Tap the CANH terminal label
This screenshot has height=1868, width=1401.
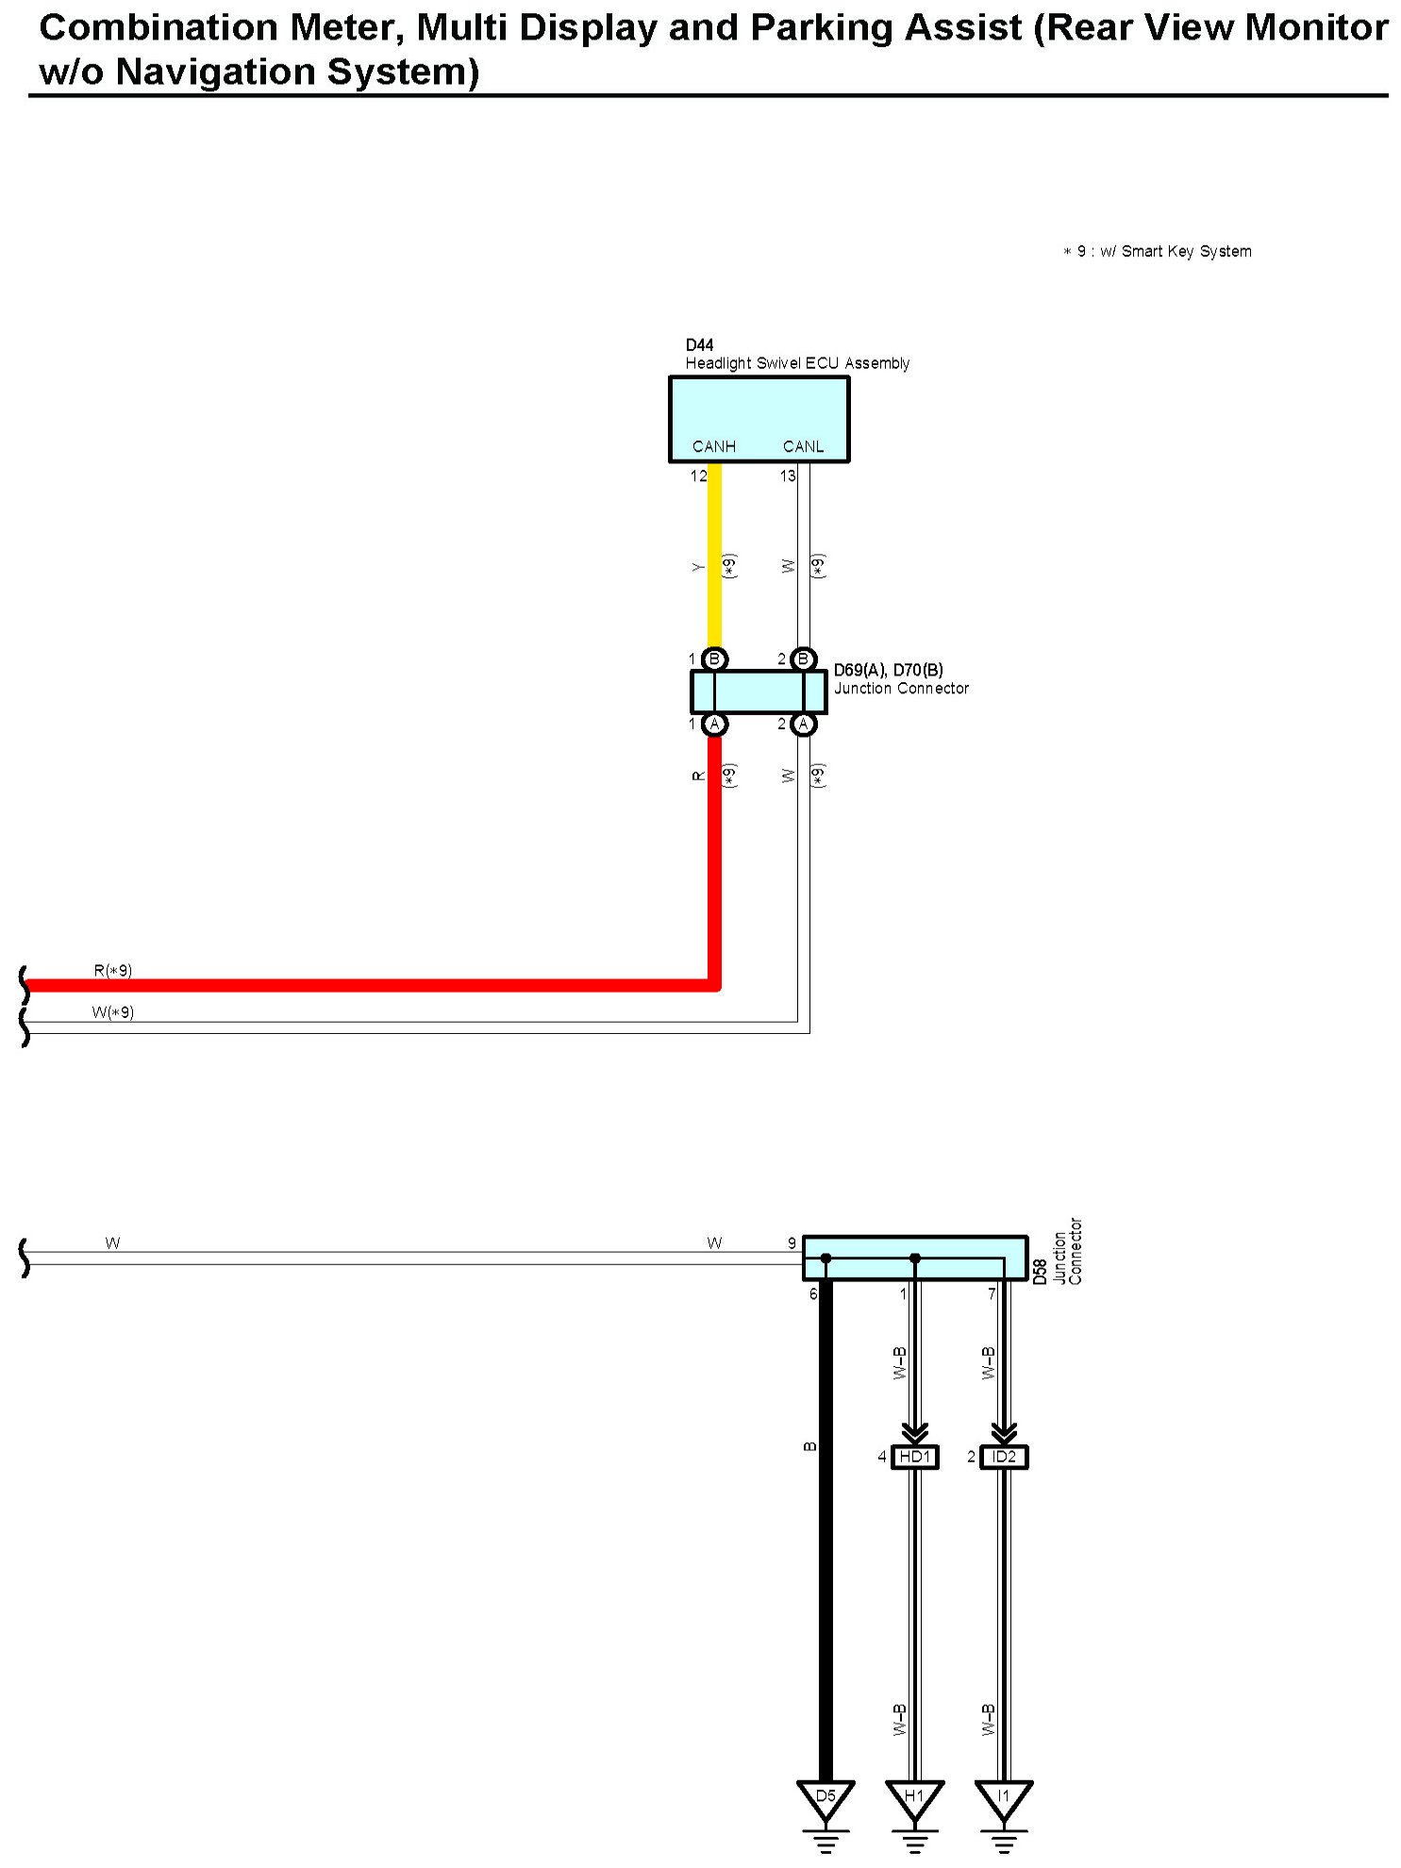pos(713,446)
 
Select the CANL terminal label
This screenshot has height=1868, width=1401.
pos(803,446)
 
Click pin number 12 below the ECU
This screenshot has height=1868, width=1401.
pos(698,475)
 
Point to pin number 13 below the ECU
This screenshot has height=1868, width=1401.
pos(788,475)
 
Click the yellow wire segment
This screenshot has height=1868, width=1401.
pos(715,557)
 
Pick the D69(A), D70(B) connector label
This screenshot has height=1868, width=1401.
pos(888,671)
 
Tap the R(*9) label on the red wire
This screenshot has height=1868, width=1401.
pos(113,970)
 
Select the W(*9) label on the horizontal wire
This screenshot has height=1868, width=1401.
pos(113,1012)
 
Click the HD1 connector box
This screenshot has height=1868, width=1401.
pos(914,1457)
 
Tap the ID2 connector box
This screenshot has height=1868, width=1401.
pos(1004,1457)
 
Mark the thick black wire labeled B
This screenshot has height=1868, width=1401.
pos(826,1528)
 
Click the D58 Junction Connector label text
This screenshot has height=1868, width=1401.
pos(1057,1252)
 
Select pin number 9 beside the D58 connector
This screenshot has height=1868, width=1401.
pos(792,1243)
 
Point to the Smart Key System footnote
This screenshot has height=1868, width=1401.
pos(1158,251)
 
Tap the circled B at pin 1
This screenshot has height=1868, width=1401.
pos(714,659)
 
